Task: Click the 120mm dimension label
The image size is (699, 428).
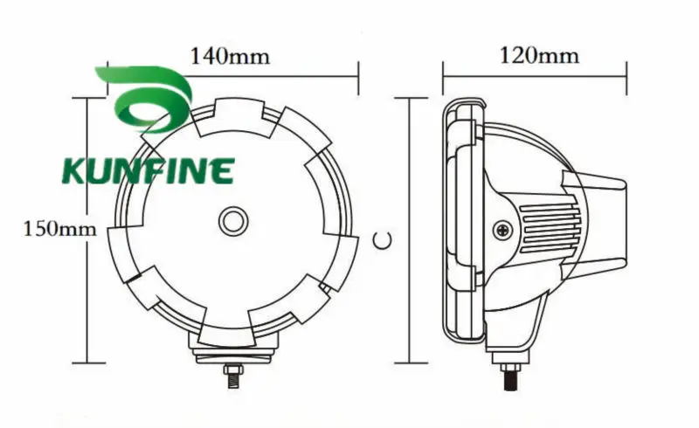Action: [x=539, y=56]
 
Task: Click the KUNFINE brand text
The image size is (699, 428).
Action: [x=148, y=170]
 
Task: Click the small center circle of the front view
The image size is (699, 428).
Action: [x=234, y=220]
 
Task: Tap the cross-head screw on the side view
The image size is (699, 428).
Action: [x=504, y=230]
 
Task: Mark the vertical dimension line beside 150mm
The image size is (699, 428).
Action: [x=86, y=229]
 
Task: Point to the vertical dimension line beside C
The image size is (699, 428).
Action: [x=408, y=229]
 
